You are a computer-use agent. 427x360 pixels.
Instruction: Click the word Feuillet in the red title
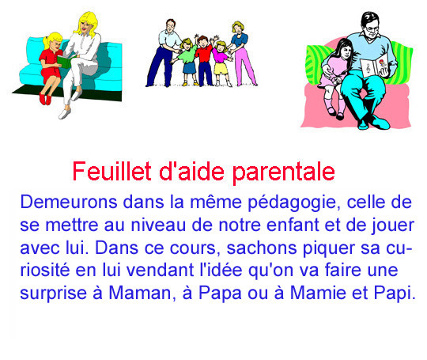pyautogui.click(x=112, y=171)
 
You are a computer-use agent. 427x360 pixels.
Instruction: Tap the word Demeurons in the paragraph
pyautogui.click(x=69, y=202)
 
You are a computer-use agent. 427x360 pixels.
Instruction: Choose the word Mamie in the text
pyautogui.click(x=318, y=293)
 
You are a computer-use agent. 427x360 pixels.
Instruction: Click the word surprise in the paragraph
pyautogui.click(x=54, y=294)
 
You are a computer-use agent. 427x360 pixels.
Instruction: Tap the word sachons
pyautogui.click(x=262, y=248)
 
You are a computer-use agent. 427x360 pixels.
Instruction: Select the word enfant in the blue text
pyautogui.click(x=293, y=225)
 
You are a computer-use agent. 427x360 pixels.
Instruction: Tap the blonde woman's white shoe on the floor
pyautogui.click(x=65, y=113)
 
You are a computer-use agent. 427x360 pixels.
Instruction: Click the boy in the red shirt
pyautogui.click(x=204, y=61)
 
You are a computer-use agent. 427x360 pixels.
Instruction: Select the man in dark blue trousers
pyautogui.click(x=164, y=52)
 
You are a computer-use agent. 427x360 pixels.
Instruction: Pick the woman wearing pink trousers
pyautogui.click(x=242, y=54)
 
